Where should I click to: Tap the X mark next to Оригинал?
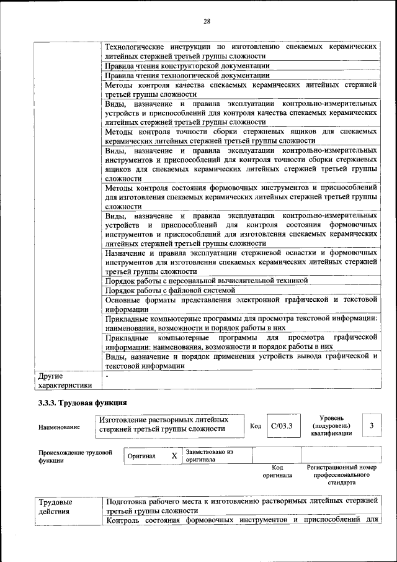[174, 456]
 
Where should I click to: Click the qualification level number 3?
[371, 425]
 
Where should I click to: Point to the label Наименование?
[59, 427]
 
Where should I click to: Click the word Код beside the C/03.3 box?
[255, 426]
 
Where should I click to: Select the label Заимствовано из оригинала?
[209, 456]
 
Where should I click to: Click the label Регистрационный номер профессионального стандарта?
[342, 474]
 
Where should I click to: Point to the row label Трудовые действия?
[56, 506]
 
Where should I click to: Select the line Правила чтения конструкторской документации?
[187, 65]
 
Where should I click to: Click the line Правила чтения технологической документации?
[182, 75]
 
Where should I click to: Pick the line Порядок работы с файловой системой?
[171, 290]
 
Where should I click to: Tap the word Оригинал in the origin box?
[141, 456]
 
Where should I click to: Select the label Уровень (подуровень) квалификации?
[332, 425]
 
